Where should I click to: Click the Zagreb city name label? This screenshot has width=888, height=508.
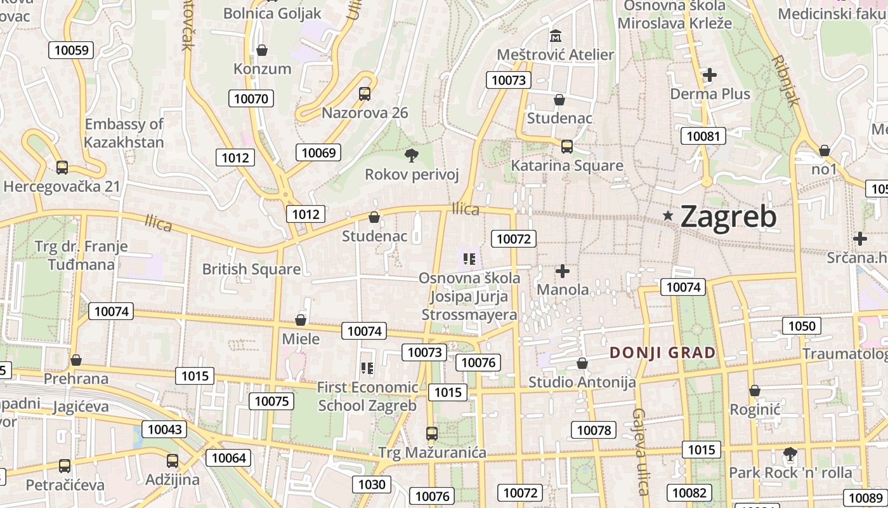point(728,217)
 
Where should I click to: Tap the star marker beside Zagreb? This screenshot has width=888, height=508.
point(667,216)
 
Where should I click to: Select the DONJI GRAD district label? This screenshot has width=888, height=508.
point(662,352)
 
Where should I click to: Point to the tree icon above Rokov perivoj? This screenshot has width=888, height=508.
point(411,155)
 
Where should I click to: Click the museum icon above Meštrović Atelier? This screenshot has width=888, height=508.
point(556,36)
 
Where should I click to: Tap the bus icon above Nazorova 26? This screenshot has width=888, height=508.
point(364,94)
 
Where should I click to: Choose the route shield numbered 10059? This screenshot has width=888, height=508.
point(72,50)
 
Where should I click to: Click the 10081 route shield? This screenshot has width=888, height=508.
point(703,135)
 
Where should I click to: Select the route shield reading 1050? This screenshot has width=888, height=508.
point(802,326)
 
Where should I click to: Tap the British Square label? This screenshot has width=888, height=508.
point(251,269)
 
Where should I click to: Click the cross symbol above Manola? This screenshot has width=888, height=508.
point(562,272)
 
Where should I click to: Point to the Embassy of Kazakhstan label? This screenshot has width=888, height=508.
point(124,133)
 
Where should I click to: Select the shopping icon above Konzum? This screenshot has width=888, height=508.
point(262,50)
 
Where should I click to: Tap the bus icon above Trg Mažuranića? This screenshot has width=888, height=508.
point(431,434)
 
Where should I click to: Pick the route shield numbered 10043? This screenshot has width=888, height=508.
point(165,429)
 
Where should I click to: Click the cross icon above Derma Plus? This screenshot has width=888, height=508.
point(710,75)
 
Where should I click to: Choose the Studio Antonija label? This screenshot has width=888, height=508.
point(582,382)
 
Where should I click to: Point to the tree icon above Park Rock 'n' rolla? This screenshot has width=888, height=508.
point(790,454)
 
